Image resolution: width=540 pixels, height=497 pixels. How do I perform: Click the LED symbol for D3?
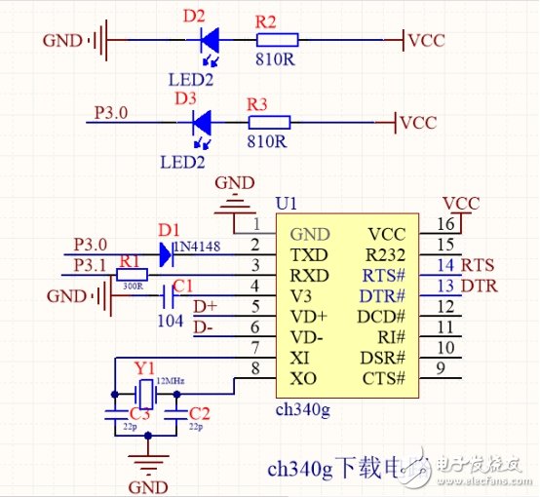[x=203, y=123]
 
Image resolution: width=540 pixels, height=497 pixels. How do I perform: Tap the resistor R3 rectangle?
[x=269, y=123]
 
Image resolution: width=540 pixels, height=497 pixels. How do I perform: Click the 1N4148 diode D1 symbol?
[x=165, y=255]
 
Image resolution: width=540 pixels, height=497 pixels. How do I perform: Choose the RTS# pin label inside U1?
[x=386, y=275]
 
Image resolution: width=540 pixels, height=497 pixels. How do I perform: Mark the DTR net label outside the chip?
[x=479, y=286]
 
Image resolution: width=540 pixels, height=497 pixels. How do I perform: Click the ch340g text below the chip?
[x=303, y=410]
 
